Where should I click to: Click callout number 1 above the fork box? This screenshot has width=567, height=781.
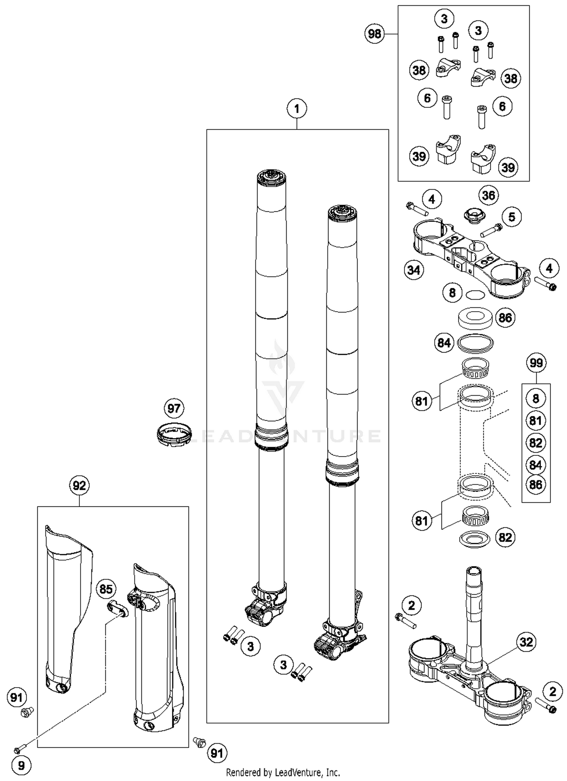click(296, 109)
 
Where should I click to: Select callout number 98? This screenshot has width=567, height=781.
click(374, 34)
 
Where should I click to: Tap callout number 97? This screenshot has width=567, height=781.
click(174, 408)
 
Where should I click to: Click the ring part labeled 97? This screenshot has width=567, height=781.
click(174, 434)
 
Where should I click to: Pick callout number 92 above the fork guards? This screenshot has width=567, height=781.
click(79, 485)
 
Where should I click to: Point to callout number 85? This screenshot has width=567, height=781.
click(106, 589)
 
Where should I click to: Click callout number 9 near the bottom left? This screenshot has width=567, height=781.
click(21, 765)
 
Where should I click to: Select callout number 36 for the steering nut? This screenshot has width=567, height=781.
click(488, 196)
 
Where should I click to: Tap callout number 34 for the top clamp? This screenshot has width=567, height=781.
click(414, 270)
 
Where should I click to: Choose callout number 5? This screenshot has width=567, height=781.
click(511, 217)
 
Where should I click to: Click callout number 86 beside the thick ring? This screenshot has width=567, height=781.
click(505, 318)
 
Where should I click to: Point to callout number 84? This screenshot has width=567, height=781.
click(444, 343)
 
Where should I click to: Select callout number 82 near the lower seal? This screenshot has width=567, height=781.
click(505, 537)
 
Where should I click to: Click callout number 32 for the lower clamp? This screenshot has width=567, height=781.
click(526, 642)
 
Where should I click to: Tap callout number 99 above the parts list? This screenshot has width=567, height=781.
click(536, 363)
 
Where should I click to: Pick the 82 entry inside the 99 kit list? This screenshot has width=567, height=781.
click(536, 443)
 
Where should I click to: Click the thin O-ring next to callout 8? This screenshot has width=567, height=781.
click(475, 294)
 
